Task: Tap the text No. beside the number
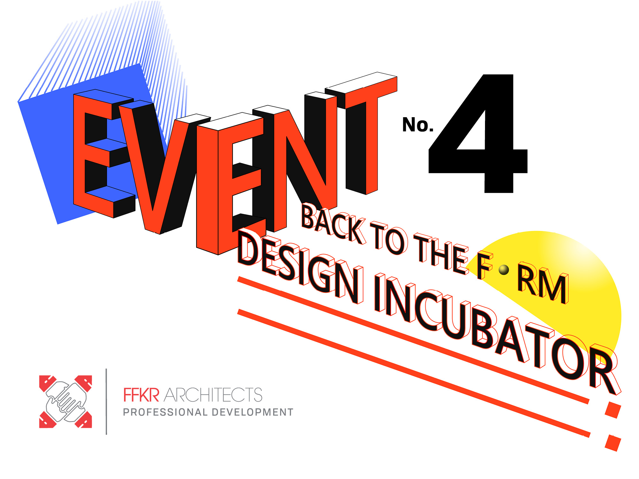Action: click(418, 125)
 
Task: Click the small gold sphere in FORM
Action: click(504, 270)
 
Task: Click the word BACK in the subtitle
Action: click(334, 224)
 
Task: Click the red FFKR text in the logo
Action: click(141, 395)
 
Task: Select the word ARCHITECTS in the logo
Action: click(213, 395)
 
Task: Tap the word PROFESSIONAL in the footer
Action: click(165, 412)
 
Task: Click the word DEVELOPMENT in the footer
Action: click(252, 412)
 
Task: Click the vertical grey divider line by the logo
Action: click(106, 402)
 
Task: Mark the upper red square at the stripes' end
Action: click(613, 410)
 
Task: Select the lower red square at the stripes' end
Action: click(613, 443)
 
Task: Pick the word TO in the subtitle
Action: click(389, 238)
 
